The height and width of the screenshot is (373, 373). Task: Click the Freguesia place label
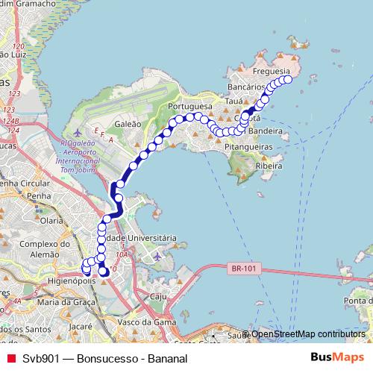272,72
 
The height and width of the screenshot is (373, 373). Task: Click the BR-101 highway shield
237,267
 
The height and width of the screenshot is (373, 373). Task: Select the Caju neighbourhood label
157,296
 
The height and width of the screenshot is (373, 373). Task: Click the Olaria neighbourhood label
52,221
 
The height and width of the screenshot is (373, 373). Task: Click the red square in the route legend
10,357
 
